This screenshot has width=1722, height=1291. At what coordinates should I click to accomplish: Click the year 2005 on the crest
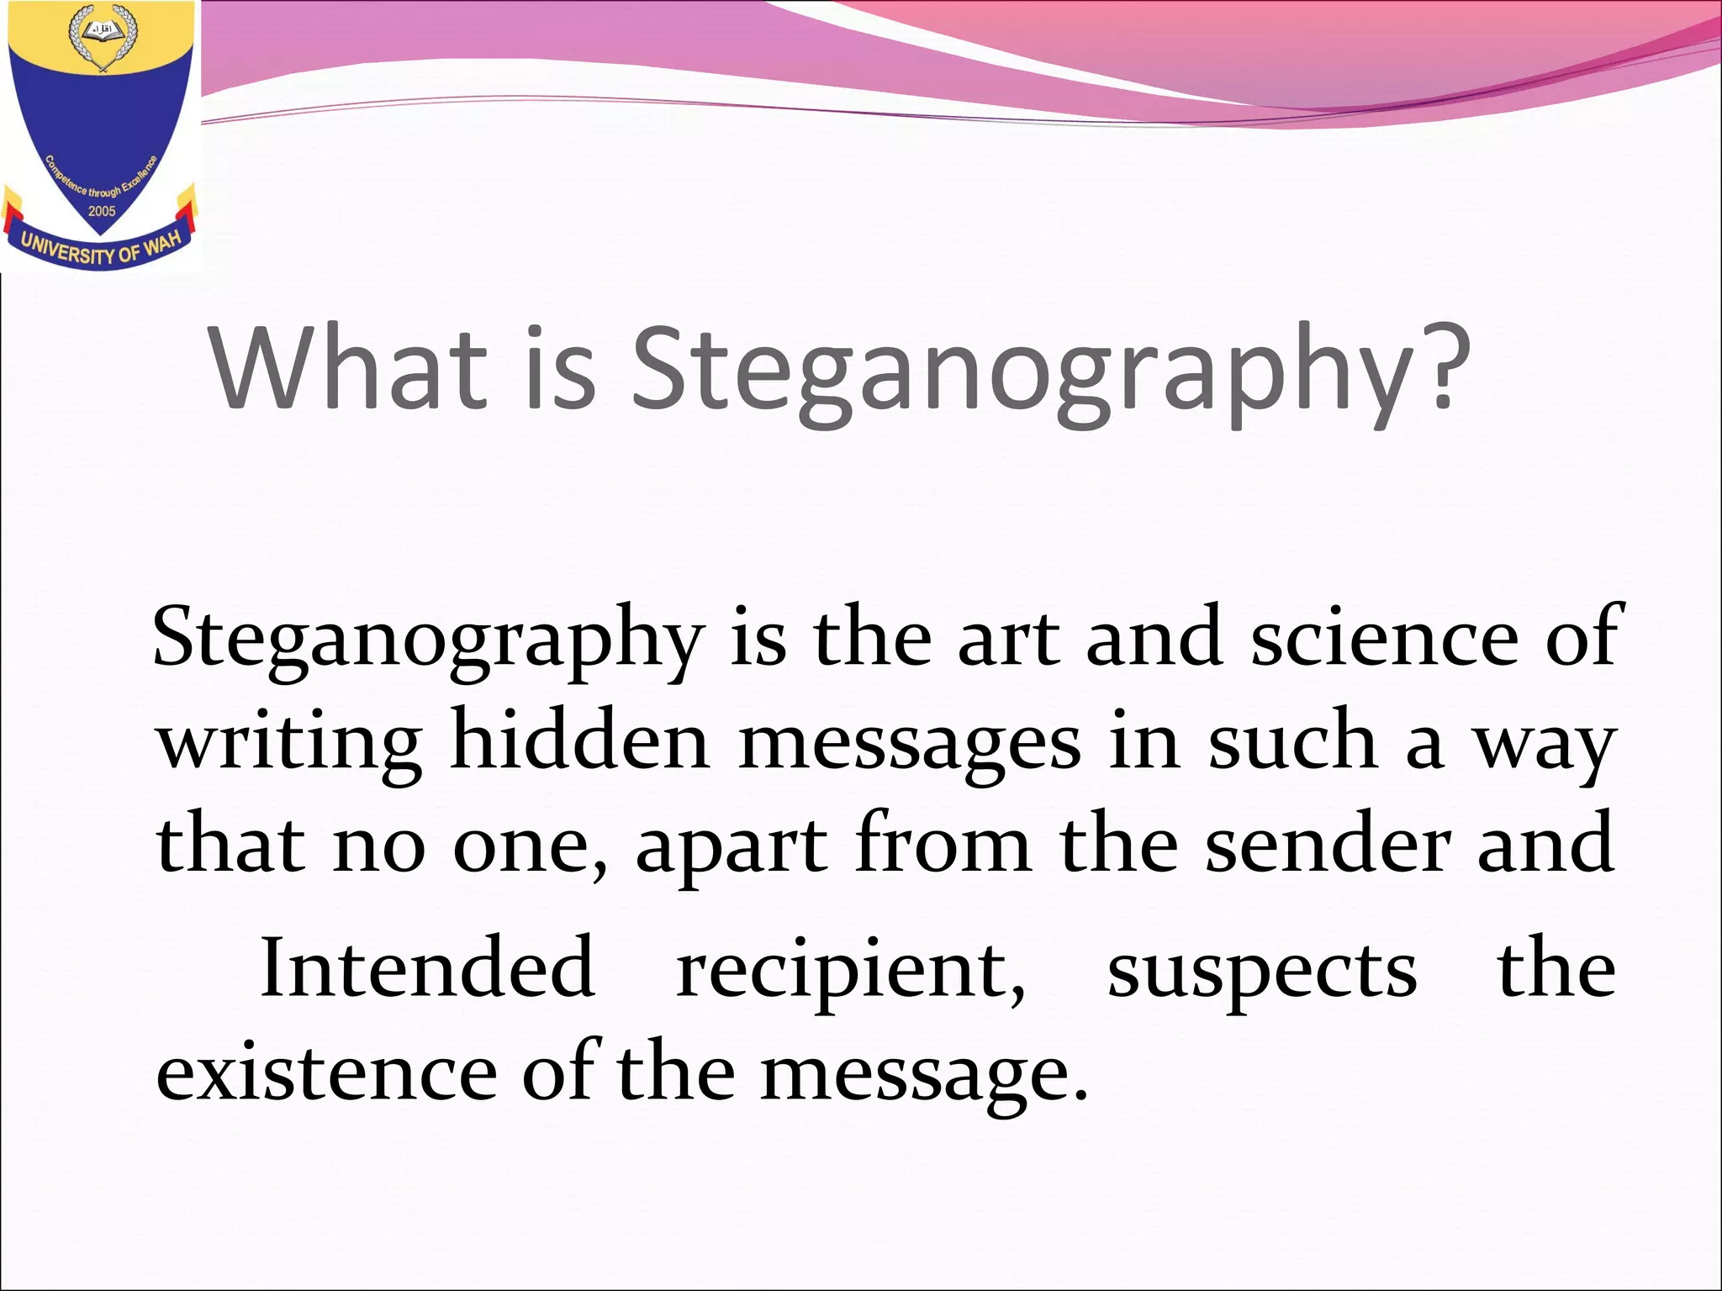[102, 211]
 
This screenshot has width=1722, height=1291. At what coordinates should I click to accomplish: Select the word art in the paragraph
[1009, 639]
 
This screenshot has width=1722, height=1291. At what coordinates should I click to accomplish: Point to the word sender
[1328, 844]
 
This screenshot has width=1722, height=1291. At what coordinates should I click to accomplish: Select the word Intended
[428, 967]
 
